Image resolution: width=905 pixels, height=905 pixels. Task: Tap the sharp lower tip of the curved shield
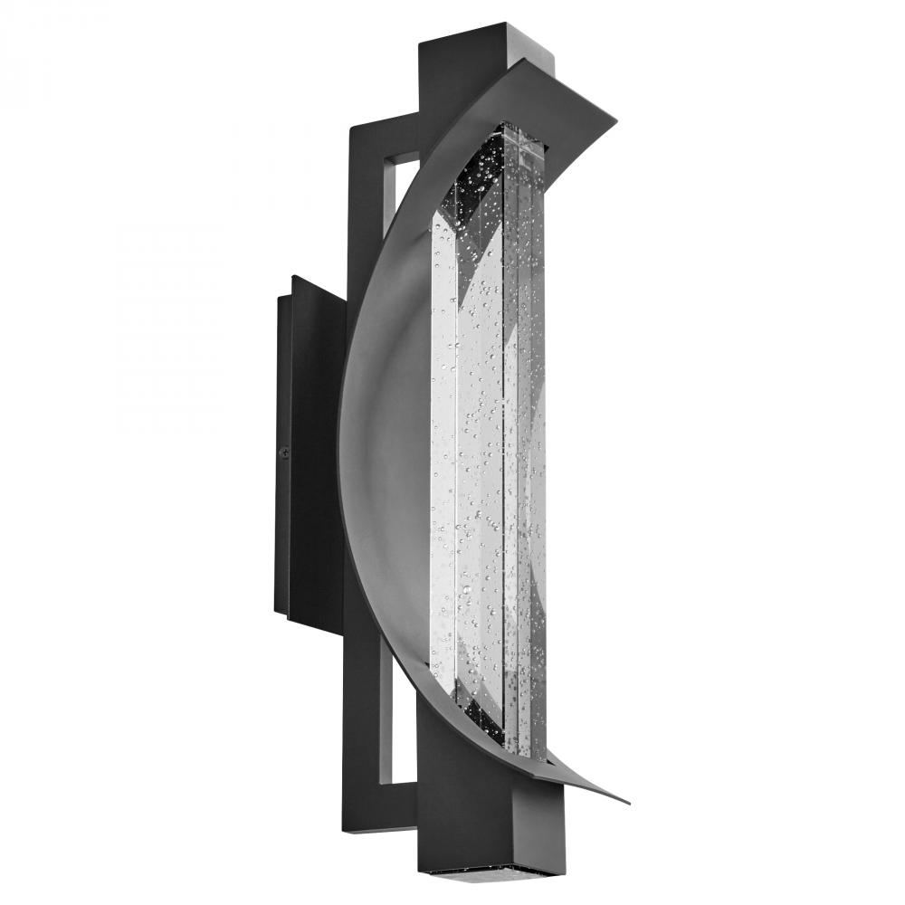pyautogui.click(x=627, y=802)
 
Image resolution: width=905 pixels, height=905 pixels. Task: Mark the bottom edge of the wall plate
pyautogui.click(x=312, y=624)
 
